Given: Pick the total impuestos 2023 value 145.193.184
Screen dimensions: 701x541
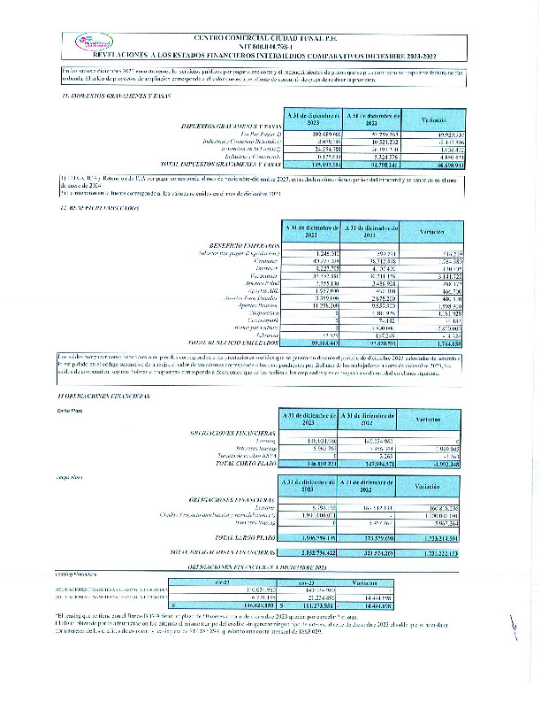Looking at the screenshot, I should click(x=312, y=166).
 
